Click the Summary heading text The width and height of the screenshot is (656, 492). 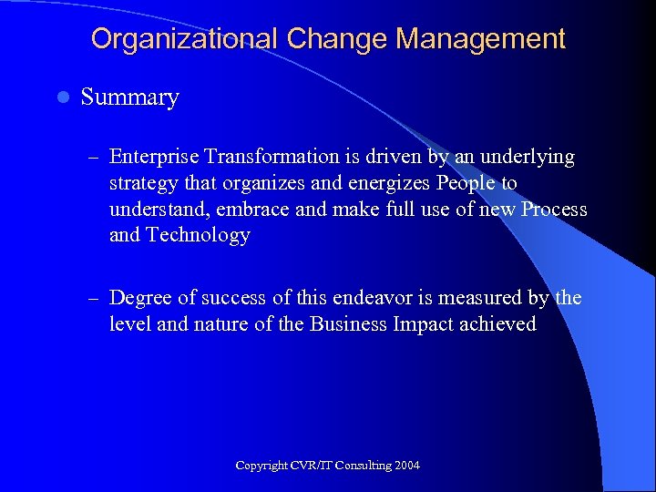click(129, 97)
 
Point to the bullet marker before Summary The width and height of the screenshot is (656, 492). click(61, 97)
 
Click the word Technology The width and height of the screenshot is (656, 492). click(197, 235)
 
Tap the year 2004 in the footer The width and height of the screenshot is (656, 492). click(407, 466)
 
